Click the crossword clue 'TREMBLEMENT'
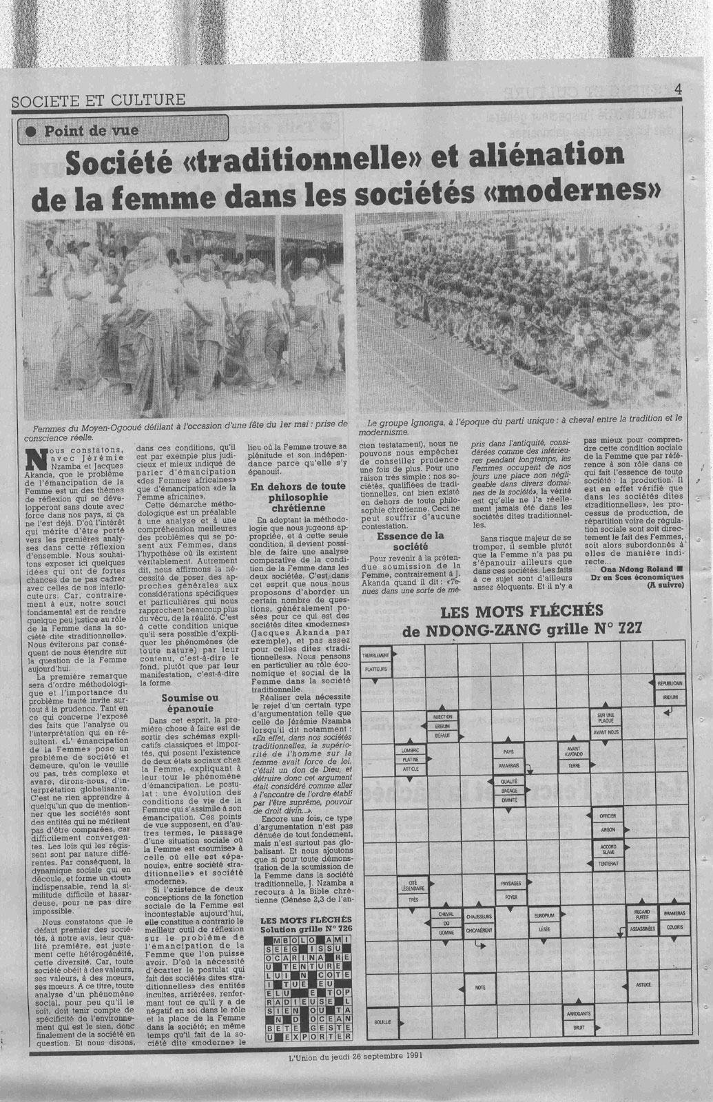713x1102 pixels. coord(375,656)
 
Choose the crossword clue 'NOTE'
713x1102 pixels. coord(479,988)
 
